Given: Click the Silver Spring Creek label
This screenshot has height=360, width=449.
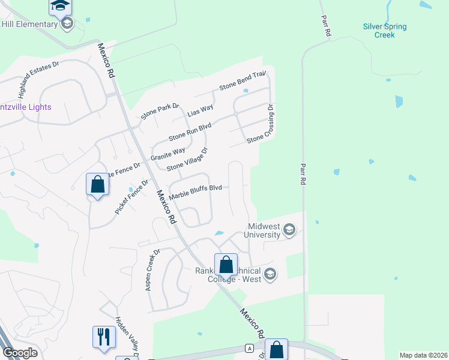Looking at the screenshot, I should pyautogui.click(x=385, y=31).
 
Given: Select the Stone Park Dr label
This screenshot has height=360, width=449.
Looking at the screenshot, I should pyautogui.click(x=160, y=112).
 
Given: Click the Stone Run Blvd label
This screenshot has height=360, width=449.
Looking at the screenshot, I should pyautogui.click(x=190, y=130).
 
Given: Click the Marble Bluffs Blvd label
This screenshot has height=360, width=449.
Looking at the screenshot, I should pyautogui.click(x=196, y=192).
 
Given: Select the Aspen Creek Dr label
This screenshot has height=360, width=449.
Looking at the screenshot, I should pyautogui.click(x=152, y=270).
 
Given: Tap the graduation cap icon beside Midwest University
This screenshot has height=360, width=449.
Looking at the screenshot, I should pyautogui.click(x=290, y=230).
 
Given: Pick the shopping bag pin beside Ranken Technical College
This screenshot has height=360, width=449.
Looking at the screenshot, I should pyautogui.click(x=226, y=264).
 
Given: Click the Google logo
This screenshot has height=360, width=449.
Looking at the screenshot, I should pyautogui.click(x=20, y=353).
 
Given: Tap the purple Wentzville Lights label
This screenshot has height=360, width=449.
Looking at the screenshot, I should pyautogui.click(x=26, y=107).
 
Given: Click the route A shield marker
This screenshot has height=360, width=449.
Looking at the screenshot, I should pyautogui.click(x=249, y=347).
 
